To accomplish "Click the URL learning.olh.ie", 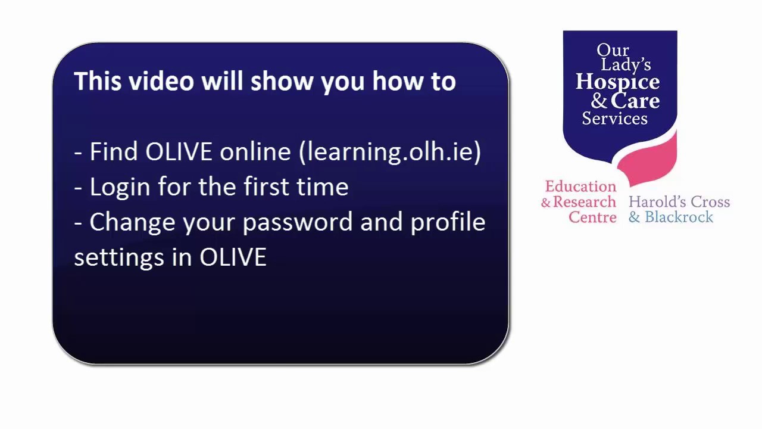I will coord(392,152).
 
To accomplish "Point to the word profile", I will coord(448,222).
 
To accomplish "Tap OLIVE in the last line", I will coord(233,257).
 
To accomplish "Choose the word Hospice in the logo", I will coord(617,82).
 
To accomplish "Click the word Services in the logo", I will coord(614,118).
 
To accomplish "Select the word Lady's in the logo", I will coord(626,64).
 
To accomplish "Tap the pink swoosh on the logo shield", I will coord(652,161).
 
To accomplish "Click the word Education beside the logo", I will coord(580,186).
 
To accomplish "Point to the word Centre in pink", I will coord(592,217).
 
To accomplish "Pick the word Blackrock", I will coord(679,217).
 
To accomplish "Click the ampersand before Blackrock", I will coord(634,217).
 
